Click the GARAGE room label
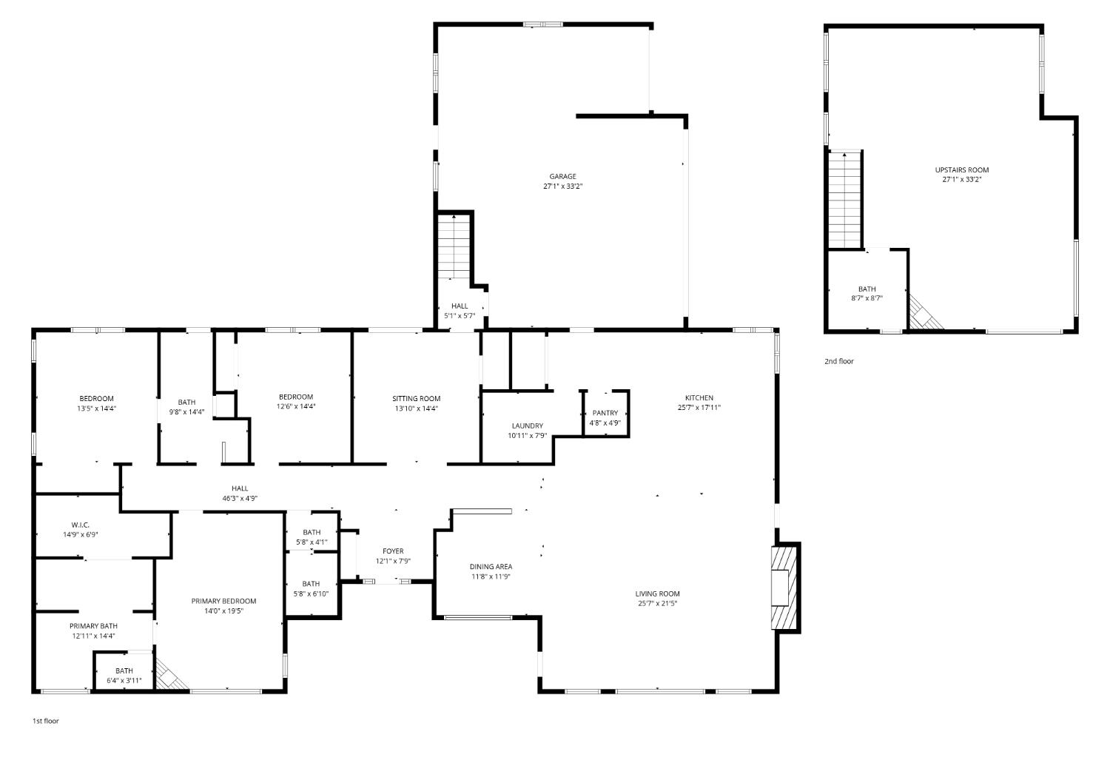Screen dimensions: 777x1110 pos(562,176)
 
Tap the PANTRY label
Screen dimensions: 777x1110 pos(605,413)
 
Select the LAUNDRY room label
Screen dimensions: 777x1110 pos(527,425)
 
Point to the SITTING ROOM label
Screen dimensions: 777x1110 pos(416,399)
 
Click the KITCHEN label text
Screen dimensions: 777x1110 pos(699,398)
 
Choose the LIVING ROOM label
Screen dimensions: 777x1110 pos(657,593)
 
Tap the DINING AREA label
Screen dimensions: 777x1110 pos(491,567)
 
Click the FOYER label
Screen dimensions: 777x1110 pos(393,551)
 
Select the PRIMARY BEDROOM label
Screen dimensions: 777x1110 pos(223,601)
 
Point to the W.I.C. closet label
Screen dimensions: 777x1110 pos(81,525)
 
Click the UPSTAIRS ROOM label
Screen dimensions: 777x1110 pos(961,169)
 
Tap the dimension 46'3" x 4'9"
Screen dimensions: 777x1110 pos(240,498)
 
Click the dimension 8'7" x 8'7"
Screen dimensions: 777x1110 pos(867,298)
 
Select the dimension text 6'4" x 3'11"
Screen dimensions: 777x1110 pos(124,680)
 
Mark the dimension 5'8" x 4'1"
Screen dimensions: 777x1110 pos(312,542)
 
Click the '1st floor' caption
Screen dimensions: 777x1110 pos(45,721)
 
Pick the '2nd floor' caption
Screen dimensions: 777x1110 pos(838,361)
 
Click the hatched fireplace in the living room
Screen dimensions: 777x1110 pos(784,588)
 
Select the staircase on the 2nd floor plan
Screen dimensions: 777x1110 pos(845,199)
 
